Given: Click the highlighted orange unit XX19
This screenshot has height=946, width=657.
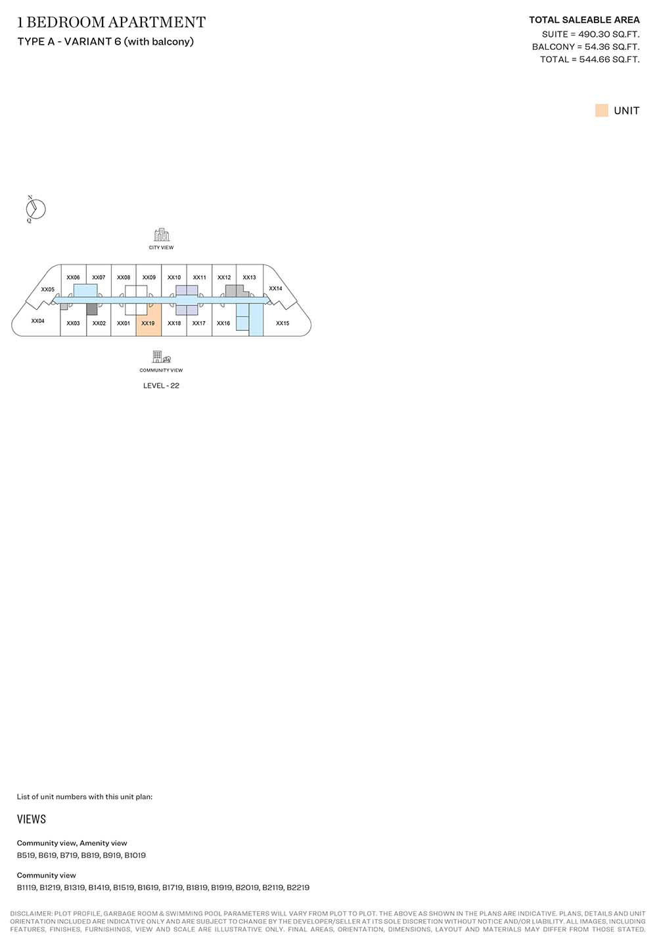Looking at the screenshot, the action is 149,320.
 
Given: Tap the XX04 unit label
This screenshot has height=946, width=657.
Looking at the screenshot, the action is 37,321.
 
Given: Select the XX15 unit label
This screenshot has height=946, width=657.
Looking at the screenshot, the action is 283,323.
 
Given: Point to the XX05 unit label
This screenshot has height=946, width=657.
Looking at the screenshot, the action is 48,290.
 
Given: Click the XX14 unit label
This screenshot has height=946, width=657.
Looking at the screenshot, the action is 275,288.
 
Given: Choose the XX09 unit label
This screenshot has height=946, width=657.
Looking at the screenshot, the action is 149,278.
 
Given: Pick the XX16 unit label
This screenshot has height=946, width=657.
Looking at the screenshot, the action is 223,323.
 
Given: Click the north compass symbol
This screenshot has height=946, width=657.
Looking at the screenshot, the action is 35,209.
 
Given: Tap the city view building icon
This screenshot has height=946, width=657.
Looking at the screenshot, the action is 161,234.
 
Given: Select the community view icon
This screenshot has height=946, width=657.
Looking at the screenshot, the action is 161,357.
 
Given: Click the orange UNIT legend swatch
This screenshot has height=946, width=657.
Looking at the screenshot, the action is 601,110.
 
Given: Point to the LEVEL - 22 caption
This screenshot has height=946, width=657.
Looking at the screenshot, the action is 161,385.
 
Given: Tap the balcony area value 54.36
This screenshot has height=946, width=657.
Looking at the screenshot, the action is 597,47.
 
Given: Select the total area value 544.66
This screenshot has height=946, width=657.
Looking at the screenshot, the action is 594,60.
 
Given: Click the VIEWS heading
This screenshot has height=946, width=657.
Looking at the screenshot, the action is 32,819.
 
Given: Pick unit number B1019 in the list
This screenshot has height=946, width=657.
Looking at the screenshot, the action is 135,855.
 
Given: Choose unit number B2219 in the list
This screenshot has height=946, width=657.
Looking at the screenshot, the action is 298,888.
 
